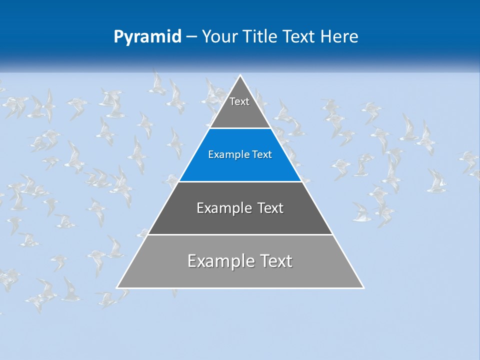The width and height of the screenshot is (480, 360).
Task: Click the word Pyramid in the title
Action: point(147,37)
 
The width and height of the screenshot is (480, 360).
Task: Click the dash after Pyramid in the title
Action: point(191,37)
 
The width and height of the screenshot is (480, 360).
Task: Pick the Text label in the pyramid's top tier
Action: point(239,101)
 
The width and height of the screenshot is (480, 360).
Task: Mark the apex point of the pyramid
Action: point(240,75)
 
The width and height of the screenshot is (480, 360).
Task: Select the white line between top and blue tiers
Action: point(240,128)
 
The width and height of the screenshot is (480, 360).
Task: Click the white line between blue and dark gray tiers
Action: point(240,181)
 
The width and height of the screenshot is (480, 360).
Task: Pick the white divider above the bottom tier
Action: point(240,234)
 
